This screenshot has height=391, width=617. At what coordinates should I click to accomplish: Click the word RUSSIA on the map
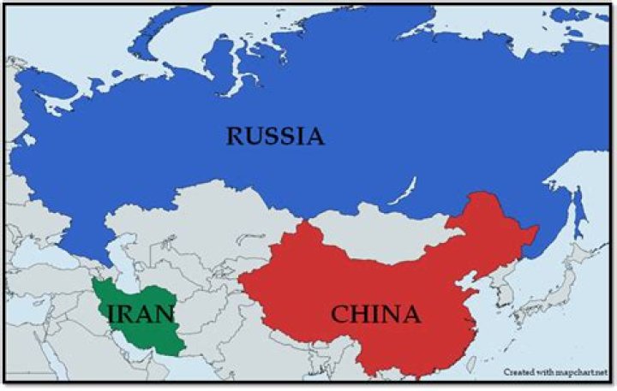(x=275, y=135)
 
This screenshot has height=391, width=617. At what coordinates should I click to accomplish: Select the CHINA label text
(x=375, y=315)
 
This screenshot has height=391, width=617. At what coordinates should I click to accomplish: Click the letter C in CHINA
(x=339, y=315)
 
